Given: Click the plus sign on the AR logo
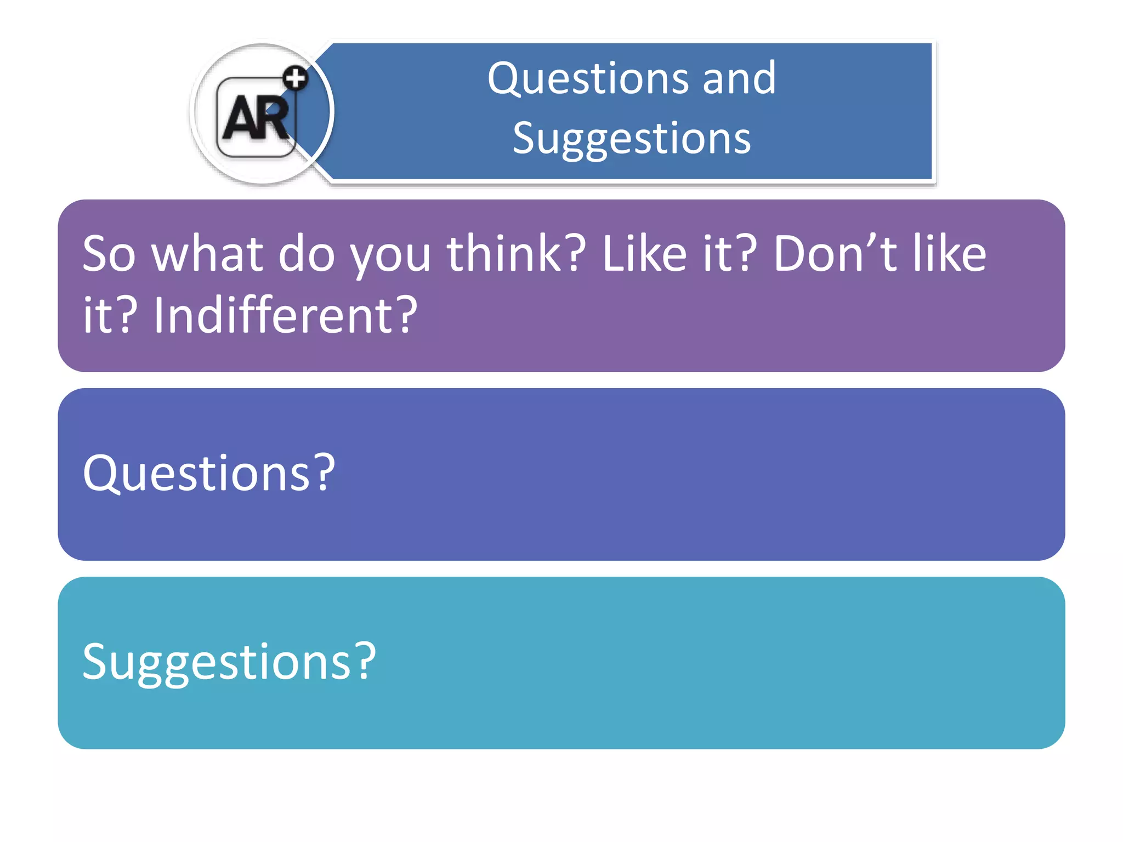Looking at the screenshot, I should (296, 78).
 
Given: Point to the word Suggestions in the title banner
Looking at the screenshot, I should (632, 139).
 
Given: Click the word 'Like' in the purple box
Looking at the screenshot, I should (644, 254).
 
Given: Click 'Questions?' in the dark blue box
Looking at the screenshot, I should (208, 473).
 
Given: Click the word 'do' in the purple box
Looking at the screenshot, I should (306, 254).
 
